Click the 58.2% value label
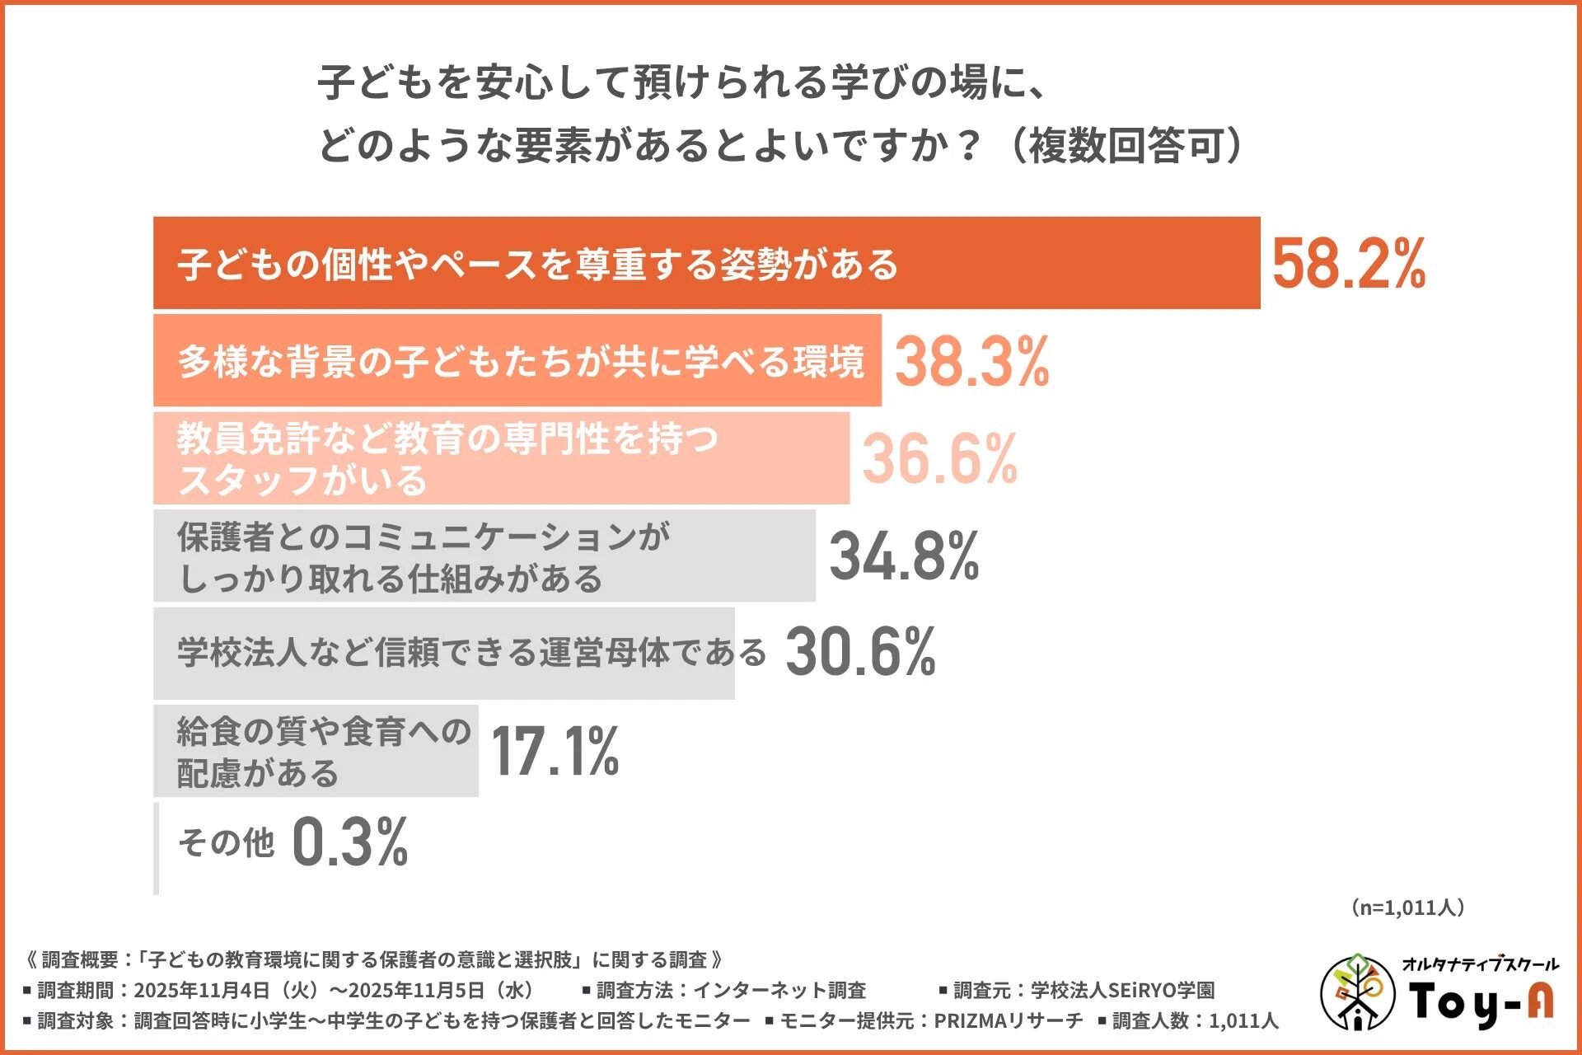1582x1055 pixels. click(1348, 264)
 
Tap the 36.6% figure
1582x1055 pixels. click(939, 458)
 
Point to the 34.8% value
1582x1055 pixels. click(904, 556)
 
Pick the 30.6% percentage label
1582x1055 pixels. click(860, 652)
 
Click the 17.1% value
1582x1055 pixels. click(555, 751)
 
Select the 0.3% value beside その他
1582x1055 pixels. click(349, 842)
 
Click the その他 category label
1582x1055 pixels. click(226, 842)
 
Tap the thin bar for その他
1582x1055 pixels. click(157, 848)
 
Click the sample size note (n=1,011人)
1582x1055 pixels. click(1407, 907)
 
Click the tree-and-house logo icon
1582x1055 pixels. click(1357, 992)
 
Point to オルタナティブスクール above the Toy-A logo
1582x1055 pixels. click(1480, 964)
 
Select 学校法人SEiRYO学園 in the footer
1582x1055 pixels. click(1122, 990)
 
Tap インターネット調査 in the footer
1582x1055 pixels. click(779, 990)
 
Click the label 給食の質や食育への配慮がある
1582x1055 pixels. click(323, 751)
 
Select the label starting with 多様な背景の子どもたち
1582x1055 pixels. click(521, 361)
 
